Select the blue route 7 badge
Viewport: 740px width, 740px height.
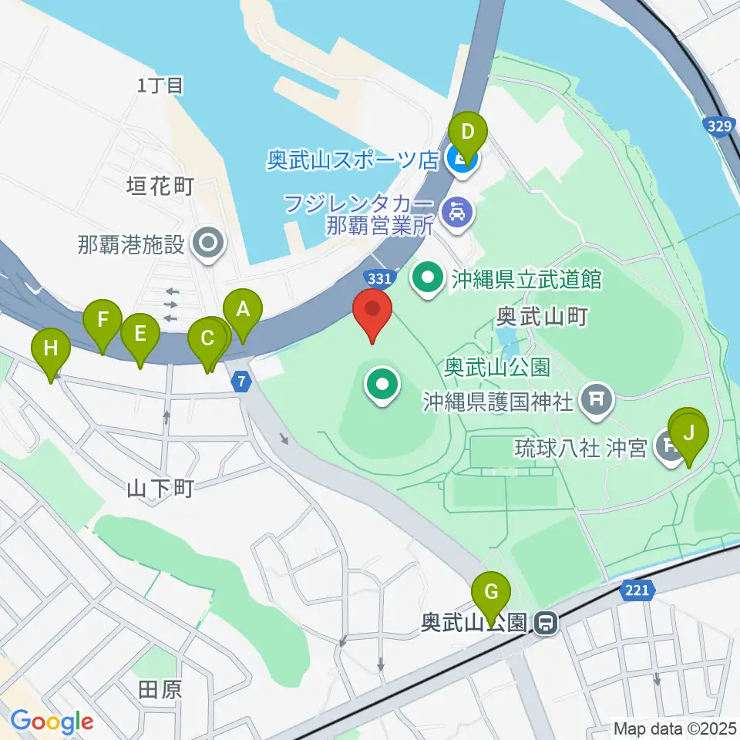tap(241, 381)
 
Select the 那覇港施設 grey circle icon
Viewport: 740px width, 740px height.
tap(208, 245)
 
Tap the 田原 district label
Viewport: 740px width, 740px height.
tap(160, 688)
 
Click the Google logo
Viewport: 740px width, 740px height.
tap(52, 721)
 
